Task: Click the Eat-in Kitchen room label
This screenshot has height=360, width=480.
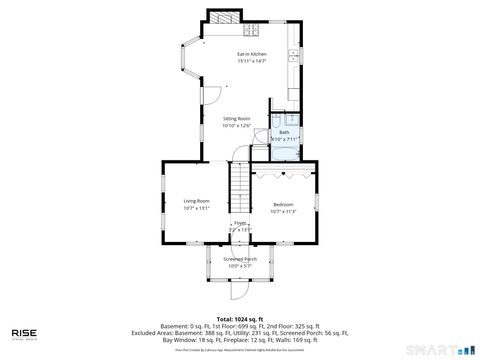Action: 251,53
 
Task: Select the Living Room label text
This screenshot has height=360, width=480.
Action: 196,201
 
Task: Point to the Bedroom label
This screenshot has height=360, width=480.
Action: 284,204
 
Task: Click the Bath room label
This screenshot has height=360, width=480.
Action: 284,132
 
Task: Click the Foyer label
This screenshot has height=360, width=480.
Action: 240,223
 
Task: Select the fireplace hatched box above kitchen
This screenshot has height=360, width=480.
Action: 224,17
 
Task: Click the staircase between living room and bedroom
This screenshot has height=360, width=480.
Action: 240,185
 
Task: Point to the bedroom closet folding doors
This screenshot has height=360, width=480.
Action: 285,173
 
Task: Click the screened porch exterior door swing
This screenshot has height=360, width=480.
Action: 238,291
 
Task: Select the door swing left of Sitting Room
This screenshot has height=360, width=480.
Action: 211,94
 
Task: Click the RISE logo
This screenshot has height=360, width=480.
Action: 25,334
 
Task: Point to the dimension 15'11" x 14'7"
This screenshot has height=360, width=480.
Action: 251,61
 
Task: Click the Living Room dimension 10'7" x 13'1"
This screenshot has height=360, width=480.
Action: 196,209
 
